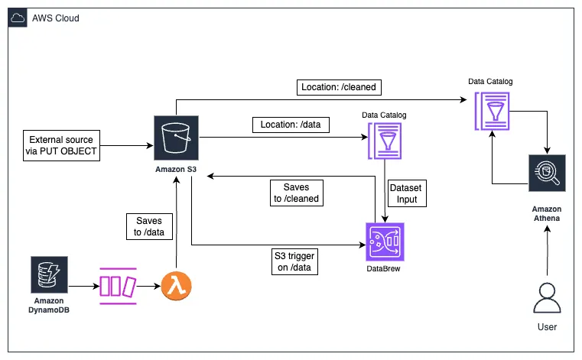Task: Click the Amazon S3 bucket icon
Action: coord(175,138)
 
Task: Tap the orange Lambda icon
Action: coord(176,287)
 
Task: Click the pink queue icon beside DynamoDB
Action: coord(116,287)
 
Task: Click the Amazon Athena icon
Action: coord(547,175)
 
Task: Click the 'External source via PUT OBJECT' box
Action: coord(61,145)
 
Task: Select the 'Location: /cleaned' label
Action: coord(339,88)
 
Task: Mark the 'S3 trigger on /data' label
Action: coord(294,261)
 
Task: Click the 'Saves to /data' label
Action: coord(145,227)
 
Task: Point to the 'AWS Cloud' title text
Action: coord(56,18)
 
